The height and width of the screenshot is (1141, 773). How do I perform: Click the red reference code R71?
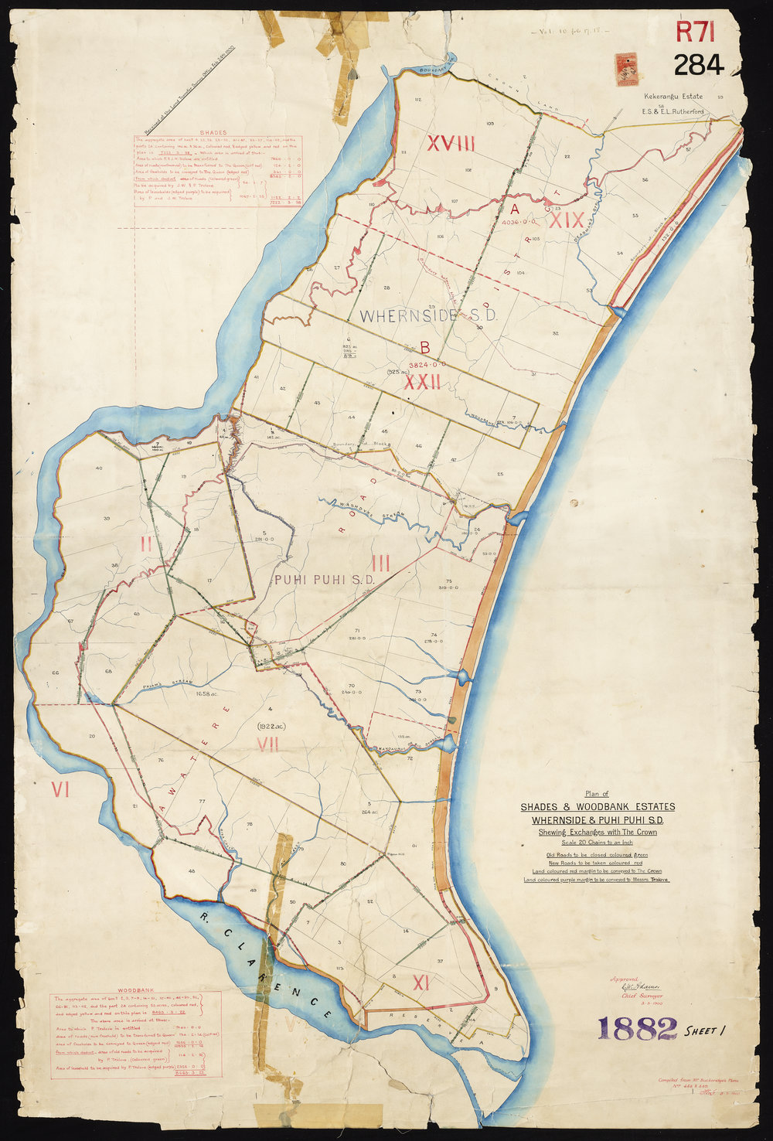click(x=700, y=32)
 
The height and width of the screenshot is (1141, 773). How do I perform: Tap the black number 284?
click(x=700, y=66)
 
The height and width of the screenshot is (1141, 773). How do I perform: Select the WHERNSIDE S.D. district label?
click(x=427, y=315)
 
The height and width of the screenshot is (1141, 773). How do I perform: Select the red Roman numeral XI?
click(x=421, y=983)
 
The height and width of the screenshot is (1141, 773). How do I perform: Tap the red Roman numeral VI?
click(x=60, y=789)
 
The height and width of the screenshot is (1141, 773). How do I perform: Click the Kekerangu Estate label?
click(x=672, y=97)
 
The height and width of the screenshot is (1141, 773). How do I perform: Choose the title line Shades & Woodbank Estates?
click(x=597, y=807)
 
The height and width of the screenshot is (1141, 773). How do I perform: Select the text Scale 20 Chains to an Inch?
click(x=597, y=842)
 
